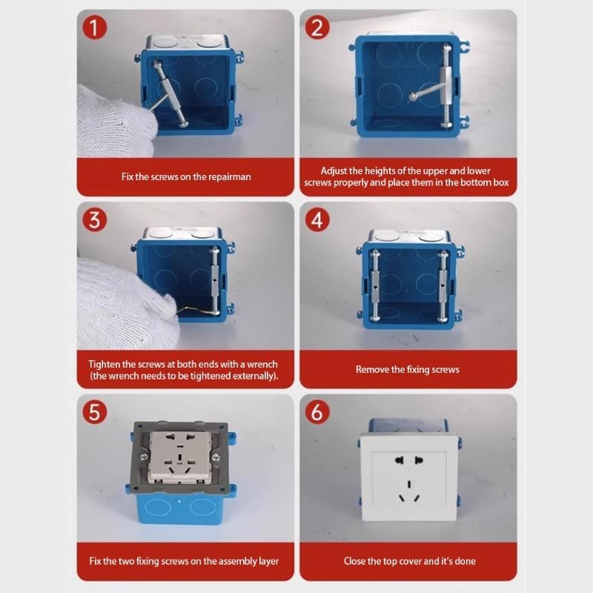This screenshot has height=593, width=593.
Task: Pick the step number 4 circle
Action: tap(317, 220)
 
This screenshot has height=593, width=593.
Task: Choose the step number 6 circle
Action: tap(317, 412)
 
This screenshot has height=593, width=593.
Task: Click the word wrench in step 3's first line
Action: tap(260, 364)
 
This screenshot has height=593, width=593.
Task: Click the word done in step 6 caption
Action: tap(463, 561)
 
